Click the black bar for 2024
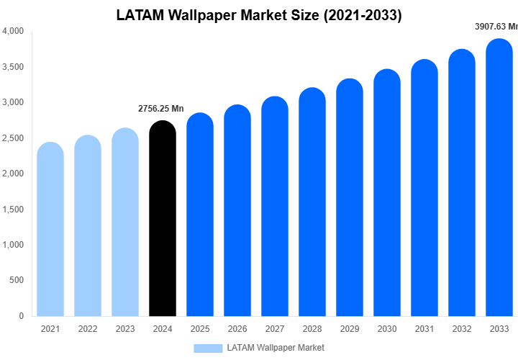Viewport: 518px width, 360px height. pyautogui.click(x=162, y=220)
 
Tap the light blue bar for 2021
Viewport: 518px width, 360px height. pyautogui.click(x=50, y=230)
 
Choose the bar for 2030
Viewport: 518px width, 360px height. pyautogui.click(x=387, y=194)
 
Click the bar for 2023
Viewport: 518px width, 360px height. pyautogui.click(x=125, y=223)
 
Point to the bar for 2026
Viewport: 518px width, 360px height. pyautogui.click(x=237, y=212)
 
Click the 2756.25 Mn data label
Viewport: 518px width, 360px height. pyautogui.click(x=161, y=109)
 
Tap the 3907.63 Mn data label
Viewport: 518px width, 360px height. pyautogui.click(x=496, y=27)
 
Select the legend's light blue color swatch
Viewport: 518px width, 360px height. pyautogui.click(x=208, y=348)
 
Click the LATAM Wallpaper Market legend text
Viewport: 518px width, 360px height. pyautogui.click(x=276, y=348)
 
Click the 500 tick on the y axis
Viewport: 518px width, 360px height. pyautogui.click(x=17, y=280)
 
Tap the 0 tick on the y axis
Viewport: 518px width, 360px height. pyautogui.click(x=21, y=316)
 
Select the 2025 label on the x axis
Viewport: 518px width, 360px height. pyautogui.click(x=200, y=329)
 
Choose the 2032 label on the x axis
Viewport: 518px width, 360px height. pyautogui.click(x=462, y=329)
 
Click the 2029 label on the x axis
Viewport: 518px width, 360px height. pyautogui.click(x=350, y=329)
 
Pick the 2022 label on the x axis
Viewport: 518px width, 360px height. pyautogui.click(x=88, y=329)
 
